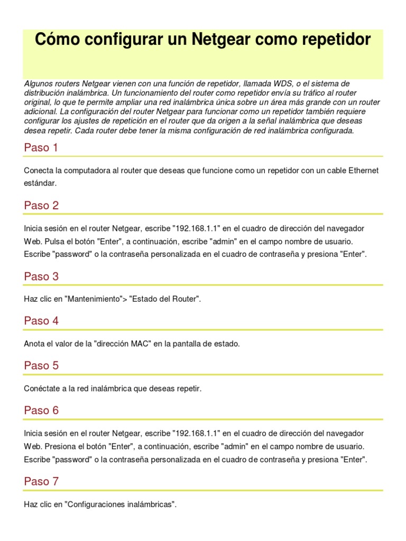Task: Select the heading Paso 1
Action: (x=41, y=148)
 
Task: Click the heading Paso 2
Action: (x=41, y=206)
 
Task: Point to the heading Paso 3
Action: (x=41, y=276)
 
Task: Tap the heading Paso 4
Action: (x=41, y=321)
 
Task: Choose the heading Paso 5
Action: (x=41, y=366)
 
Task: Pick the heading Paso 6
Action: (x=41, y=411)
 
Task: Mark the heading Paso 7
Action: (x=41, y=481)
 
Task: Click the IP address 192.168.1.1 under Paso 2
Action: (x=196, y=228)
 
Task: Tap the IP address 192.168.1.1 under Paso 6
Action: (x=196, y=433)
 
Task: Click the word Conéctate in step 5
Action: (x=41, y=388)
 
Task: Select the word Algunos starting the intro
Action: (x=38, y=84)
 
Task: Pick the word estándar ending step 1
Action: (x=40, y=183)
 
